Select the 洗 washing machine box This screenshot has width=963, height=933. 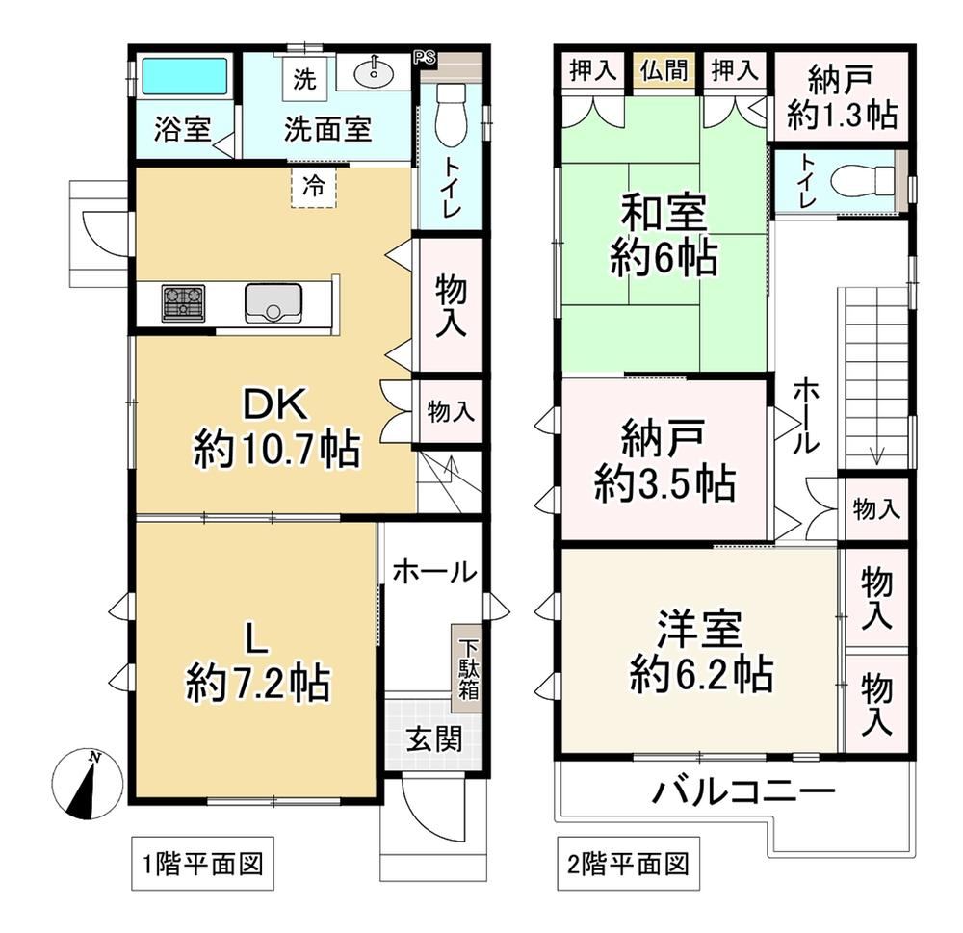point(304,78)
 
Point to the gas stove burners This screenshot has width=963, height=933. point(183,302)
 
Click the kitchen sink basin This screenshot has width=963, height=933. point(273,302)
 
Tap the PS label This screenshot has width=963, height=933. point(425,58)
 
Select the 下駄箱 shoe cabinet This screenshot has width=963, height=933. point(468,669)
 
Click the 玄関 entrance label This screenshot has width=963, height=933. point(433,739)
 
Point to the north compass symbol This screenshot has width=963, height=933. point(88,784)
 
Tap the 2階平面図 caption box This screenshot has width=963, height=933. point(628,864)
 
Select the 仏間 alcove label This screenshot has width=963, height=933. point(664,71)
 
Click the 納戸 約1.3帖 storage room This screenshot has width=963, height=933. point(841,97)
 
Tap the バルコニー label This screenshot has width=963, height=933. point(743,792)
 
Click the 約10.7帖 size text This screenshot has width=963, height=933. point(276,449)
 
